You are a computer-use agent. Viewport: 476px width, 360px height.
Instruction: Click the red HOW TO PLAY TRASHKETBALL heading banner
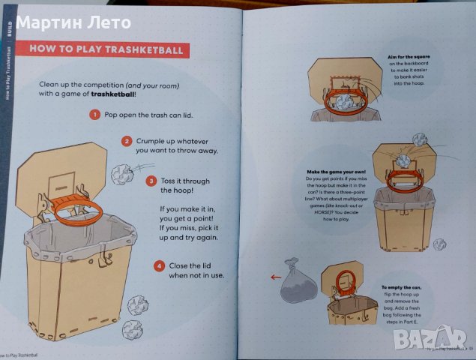[x=106, y=50]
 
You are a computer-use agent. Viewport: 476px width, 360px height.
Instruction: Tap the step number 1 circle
[x=94, y=115]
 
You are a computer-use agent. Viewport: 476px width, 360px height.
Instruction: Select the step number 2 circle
[x=127, y=140]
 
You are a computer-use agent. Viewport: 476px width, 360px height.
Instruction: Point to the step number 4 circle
[x=159, y=265]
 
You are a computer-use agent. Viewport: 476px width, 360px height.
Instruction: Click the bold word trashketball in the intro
[x=115, y=95]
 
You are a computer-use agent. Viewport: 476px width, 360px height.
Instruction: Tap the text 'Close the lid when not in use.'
[x=197, y=271]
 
